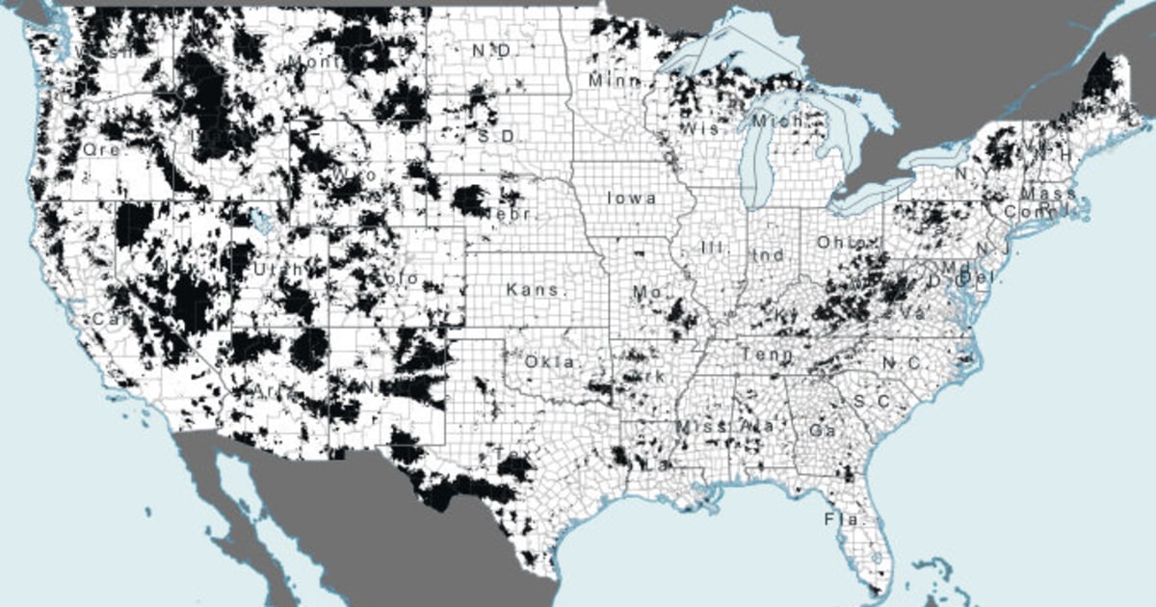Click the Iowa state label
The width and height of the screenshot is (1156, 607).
pyautogui.click(x=631, y=198)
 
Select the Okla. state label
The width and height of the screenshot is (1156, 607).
pyautogui.click(x=550, y=362)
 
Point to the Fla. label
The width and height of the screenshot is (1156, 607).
pyautogui.click(x=837, y=519)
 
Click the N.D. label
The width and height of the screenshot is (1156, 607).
pyautogui.click(x=492, y=49)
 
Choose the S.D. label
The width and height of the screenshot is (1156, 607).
pyautogui.click(x=496, y=136)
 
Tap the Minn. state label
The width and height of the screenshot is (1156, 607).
pyautogui.click(x=615, y=81)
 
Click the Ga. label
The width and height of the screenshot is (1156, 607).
pyautogui.click(x=822, y=430)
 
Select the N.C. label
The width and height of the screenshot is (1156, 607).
pyautogui.click(x=901, y=363)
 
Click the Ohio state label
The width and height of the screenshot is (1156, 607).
pyautogui.click(x=836, y=243)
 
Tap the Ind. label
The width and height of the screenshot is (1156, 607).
pyautogui.click(x=769, y=255)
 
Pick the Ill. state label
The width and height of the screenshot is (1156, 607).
pyautogui.click(x=715, y=247)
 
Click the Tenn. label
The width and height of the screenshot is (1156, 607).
pyautogui.click(x=767, y=355)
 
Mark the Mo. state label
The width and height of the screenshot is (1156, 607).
pyautogui.click(x=644, y=291)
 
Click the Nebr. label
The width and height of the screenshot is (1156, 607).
pyautogui.click(x=512, y=213)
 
